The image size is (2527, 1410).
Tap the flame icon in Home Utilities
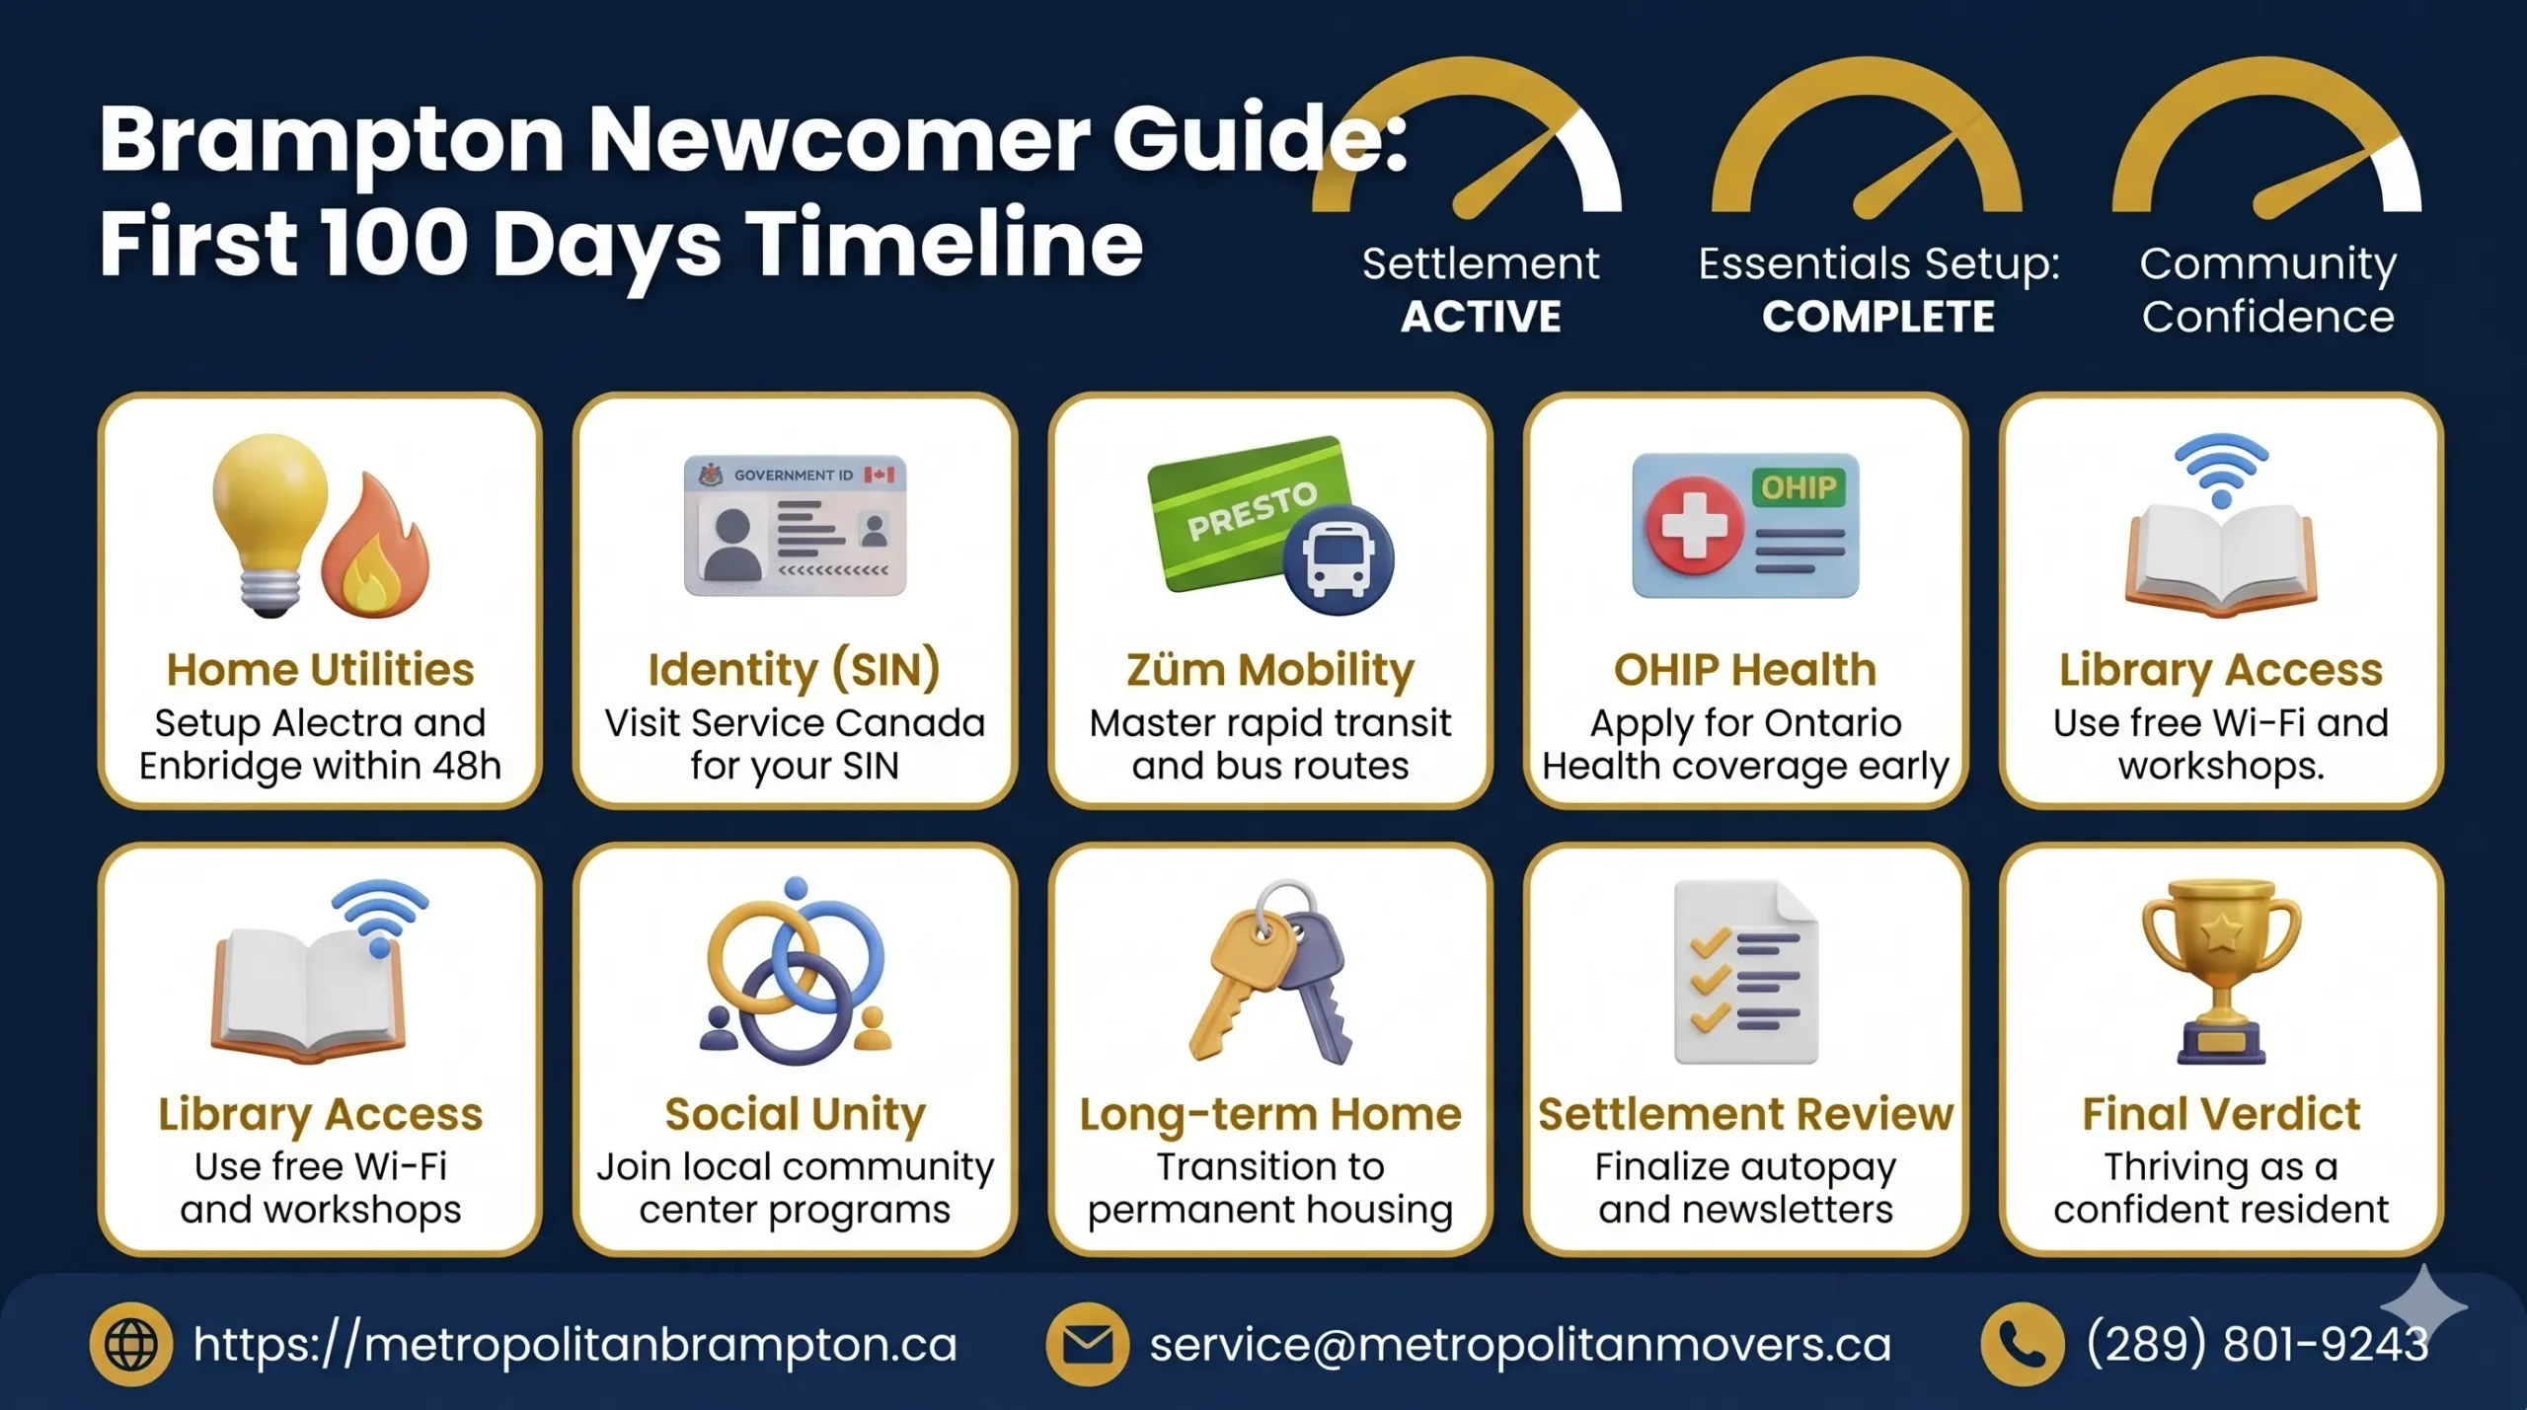376,548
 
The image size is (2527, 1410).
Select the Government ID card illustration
795,525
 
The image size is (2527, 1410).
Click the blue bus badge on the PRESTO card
1338,559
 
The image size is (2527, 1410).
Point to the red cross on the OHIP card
1694,524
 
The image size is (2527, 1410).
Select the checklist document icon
1745,972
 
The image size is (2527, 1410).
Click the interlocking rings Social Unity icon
796,972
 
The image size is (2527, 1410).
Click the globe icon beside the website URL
131,1344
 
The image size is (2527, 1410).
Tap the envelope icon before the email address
1087,1344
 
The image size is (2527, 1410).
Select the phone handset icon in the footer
2022,1344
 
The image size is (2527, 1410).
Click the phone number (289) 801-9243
2257,1344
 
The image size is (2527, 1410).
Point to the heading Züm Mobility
1270,670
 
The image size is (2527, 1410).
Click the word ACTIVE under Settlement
1481,318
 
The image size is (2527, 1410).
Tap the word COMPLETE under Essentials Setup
1878,318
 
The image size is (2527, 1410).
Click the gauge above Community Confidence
2266,148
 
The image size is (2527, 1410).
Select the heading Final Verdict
2220,1114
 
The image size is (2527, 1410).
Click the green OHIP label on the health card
1798,487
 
